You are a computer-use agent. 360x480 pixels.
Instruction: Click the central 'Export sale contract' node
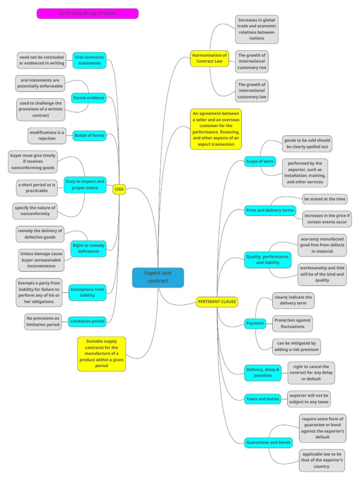[157, 277]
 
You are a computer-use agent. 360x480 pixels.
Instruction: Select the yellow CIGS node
[119, 189]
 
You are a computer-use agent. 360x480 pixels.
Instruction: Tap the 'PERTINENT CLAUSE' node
[217, 301]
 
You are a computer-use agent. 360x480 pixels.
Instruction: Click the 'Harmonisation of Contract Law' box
[210, 58]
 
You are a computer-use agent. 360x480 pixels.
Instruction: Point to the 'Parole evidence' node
[89, 98]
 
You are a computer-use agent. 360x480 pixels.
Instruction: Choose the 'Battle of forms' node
[89, 136]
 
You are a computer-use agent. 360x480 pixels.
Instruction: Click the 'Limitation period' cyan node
[87, 321]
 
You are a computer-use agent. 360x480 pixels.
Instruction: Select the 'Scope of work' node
[260, 161]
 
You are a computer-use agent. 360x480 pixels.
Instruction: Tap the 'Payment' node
[255, 323]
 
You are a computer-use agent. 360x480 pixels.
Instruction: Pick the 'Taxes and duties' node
[262, 399]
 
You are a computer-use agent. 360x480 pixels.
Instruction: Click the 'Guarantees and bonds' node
[269, 442]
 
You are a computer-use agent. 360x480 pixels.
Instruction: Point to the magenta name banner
[88, 14]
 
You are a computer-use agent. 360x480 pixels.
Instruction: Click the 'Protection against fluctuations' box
[292, 323]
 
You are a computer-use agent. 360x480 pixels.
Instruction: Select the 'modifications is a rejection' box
[46, 135]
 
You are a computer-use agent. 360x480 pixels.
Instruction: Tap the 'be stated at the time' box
[325, 199]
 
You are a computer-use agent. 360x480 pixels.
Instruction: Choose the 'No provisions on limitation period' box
[43, 321]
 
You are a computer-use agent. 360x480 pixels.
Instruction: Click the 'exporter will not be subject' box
[309, 398]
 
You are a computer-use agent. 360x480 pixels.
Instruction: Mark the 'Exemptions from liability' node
[88, 292]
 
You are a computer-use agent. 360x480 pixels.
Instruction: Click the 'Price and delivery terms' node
[270, 210]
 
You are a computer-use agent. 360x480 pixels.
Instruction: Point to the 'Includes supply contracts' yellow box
[102, 354]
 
